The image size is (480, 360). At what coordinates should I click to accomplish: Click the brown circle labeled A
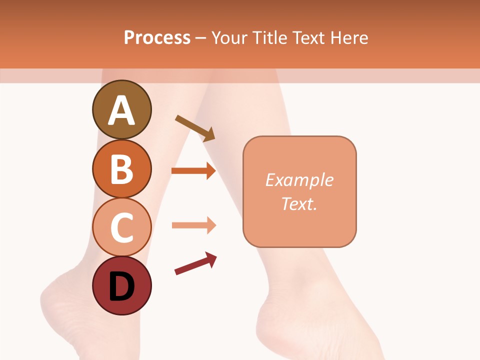pyautogui.click(x=121, y=109)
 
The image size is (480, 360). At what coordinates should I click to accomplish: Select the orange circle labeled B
pyautogui.click(x=121, y=168)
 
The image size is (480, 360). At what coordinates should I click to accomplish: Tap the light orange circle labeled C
pyautogui.click(x=121, y=227)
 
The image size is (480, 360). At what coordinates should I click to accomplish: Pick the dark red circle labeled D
pyautogui.click(x=121, y=286)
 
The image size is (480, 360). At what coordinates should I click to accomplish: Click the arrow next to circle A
pyautogui.click(x=195, y=128)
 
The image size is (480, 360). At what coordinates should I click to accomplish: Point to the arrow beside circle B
pyautogui.click(x=193, y=171)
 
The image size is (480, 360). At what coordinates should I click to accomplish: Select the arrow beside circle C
pyautogui.click(x=193, y=225)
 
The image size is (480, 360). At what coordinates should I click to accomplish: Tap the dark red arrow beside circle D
pyautogui.click(x=195, y=263)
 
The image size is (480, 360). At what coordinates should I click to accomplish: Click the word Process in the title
pyautogui.click(x=157, y=37)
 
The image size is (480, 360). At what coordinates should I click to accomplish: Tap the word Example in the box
pyautogui.click(x=299, y=180)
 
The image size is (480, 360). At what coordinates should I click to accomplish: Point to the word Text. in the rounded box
pyautogui.click(x=299, y=203)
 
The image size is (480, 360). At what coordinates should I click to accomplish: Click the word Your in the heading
pyautogui.click(x=230, y=38)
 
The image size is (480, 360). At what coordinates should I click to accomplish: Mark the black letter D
pyautogui.click(x=121, y=287)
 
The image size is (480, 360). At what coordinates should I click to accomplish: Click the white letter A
pyautogui.click(x=121, y=110)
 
